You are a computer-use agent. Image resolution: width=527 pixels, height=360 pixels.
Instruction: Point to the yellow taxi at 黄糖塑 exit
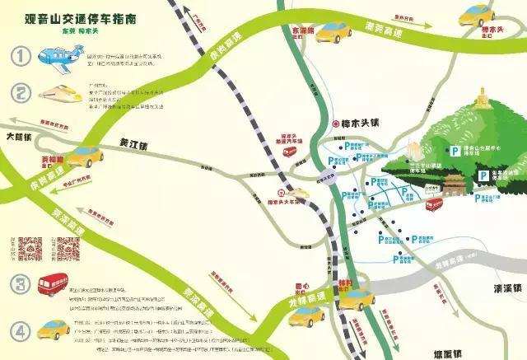(85, 156)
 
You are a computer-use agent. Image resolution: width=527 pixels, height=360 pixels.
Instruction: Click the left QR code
(30, 248)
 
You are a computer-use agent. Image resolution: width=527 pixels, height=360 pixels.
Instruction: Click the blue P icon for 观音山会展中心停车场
(455, 148)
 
